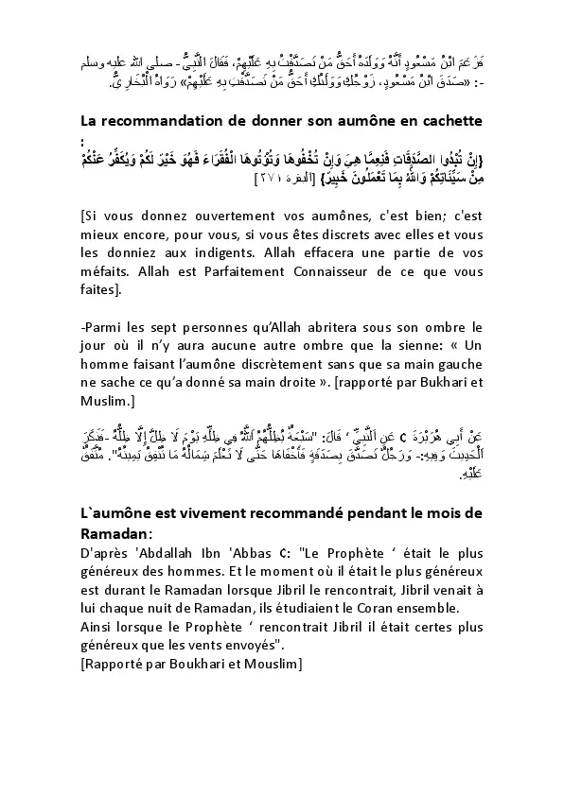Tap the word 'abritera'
coord(331,328)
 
